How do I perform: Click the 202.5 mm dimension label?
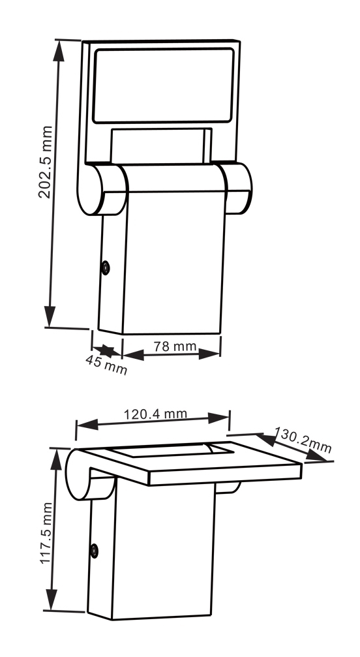(x=46, y=162)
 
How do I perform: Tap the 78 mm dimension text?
(x=175, y=346)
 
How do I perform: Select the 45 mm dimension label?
(x=106, y=364)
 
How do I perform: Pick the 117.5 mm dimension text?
(x=46, y=532)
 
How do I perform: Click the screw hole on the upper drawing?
(x=106, y=267)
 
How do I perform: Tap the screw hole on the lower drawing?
(x=95, y=551)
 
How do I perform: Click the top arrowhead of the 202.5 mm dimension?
(x=59, y=51)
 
